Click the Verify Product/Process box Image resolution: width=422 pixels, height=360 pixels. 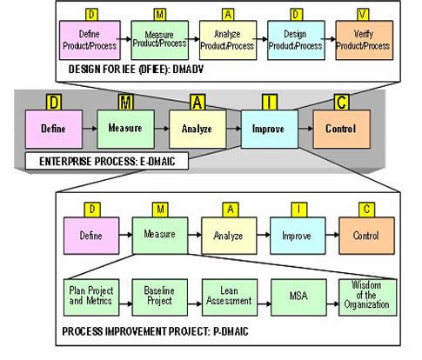(365, 40)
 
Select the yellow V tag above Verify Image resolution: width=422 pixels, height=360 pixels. (364, 15)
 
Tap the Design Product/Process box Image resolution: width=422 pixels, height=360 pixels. (296, 40)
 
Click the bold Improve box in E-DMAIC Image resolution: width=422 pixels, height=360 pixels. (270, 129)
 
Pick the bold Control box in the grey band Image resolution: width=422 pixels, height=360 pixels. (341, 129)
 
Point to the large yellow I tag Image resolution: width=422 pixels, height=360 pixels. (270, 103)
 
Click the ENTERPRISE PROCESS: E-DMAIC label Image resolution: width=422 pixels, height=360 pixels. (107, 161)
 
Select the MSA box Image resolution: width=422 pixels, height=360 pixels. (298, 297)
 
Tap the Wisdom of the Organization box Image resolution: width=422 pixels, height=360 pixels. (367, 297)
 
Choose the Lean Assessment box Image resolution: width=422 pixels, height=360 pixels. (230, 297)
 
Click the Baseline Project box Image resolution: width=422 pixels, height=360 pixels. (159, 297)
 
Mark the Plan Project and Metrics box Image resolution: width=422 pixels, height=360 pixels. (91, 297)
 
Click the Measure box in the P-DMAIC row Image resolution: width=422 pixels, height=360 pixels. (160, 236)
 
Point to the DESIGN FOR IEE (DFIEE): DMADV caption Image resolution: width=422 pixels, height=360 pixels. (136, 70)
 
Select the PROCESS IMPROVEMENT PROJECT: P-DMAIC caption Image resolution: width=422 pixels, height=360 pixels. (155, 331)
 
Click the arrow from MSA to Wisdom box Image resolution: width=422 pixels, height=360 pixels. (332, 304)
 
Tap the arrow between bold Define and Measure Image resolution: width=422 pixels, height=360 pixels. (90, 128)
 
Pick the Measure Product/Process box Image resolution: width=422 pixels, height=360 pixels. (160, 40)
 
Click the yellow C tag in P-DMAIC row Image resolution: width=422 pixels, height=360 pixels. (366, 210)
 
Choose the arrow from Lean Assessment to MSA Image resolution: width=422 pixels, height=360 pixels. (264, 304)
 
